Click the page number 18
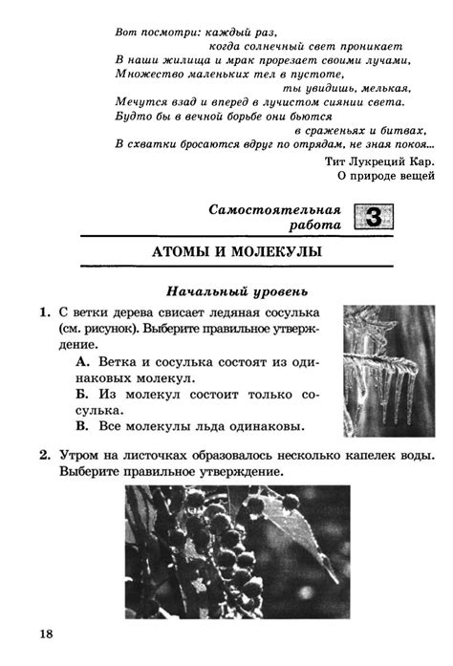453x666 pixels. [48, 634]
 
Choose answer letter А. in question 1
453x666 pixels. [81, 364]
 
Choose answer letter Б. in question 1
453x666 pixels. [81, 395]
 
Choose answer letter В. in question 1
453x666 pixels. [81, 425]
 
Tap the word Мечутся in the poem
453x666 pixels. [142, 101]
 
